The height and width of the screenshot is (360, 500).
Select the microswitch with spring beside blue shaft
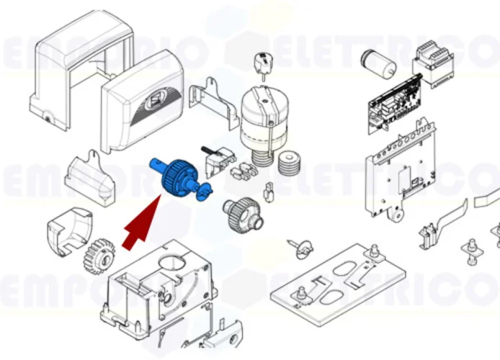point(219,163)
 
